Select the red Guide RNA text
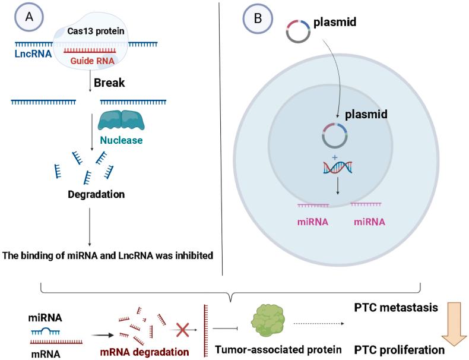coord(94,60)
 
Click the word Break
coord(109,83)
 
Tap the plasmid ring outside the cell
coord(296,31)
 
